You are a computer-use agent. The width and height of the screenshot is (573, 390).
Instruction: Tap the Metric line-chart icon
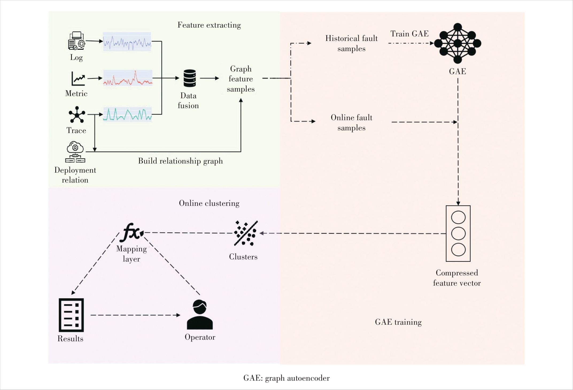click(x=78, y=78)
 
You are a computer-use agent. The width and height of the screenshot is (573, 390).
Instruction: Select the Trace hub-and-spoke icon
click(x=77, y=115)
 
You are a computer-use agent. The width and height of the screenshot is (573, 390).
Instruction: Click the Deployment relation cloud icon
click(x=75, y=152)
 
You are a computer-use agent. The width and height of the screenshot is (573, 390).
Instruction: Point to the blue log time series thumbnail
click(x=127, y=42)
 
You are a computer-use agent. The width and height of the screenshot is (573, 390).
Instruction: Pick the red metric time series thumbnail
click(x=128, y=78)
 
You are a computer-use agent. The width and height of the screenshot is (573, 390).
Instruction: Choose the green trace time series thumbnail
click(x=127, y=114)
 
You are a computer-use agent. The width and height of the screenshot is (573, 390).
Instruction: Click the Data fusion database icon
click(x=190, y=78)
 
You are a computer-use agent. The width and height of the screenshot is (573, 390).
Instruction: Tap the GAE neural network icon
click(x=458, y=43)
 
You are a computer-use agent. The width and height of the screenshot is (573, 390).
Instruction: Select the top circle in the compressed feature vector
click(x=458, y=217)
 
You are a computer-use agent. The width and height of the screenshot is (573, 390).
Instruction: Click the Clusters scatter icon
click(x=246, y=233)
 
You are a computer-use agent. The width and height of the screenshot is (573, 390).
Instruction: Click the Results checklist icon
click(x=71, y=315)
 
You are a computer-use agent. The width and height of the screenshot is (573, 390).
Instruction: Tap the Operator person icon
click(x=200, y=315)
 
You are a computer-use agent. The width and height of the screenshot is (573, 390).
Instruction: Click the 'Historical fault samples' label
click(x=351, y=43)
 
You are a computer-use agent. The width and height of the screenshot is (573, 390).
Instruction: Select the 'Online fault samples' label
click(x=351, y=123)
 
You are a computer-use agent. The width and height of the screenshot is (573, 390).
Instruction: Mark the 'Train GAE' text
click(x=409, y=34)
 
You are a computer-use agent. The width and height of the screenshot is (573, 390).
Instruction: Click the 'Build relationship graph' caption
click(x=180, y=161)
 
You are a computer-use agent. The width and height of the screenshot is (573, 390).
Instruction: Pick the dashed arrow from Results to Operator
click(x=135, y=315)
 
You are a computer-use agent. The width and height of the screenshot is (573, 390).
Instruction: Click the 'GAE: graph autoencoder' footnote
click(x=286, y=378)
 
